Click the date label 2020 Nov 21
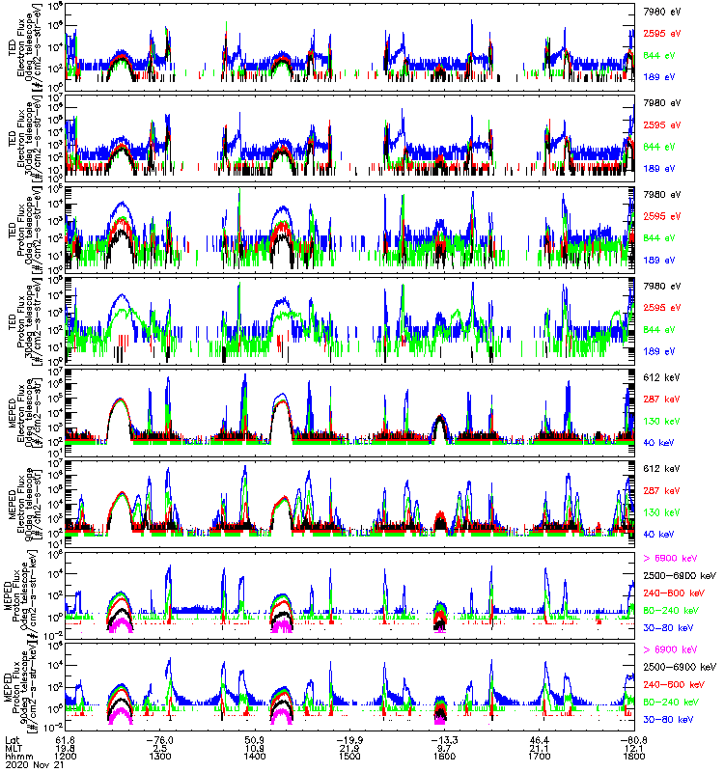tap(34, 765)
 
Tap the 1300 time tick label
tap(160, 757)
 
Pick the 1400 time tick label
tap(255, 757)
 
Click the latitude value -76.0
tap(160, 739)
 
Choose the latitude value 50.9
tap(255, 739)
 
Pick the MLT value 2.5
tap(160, 748)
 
